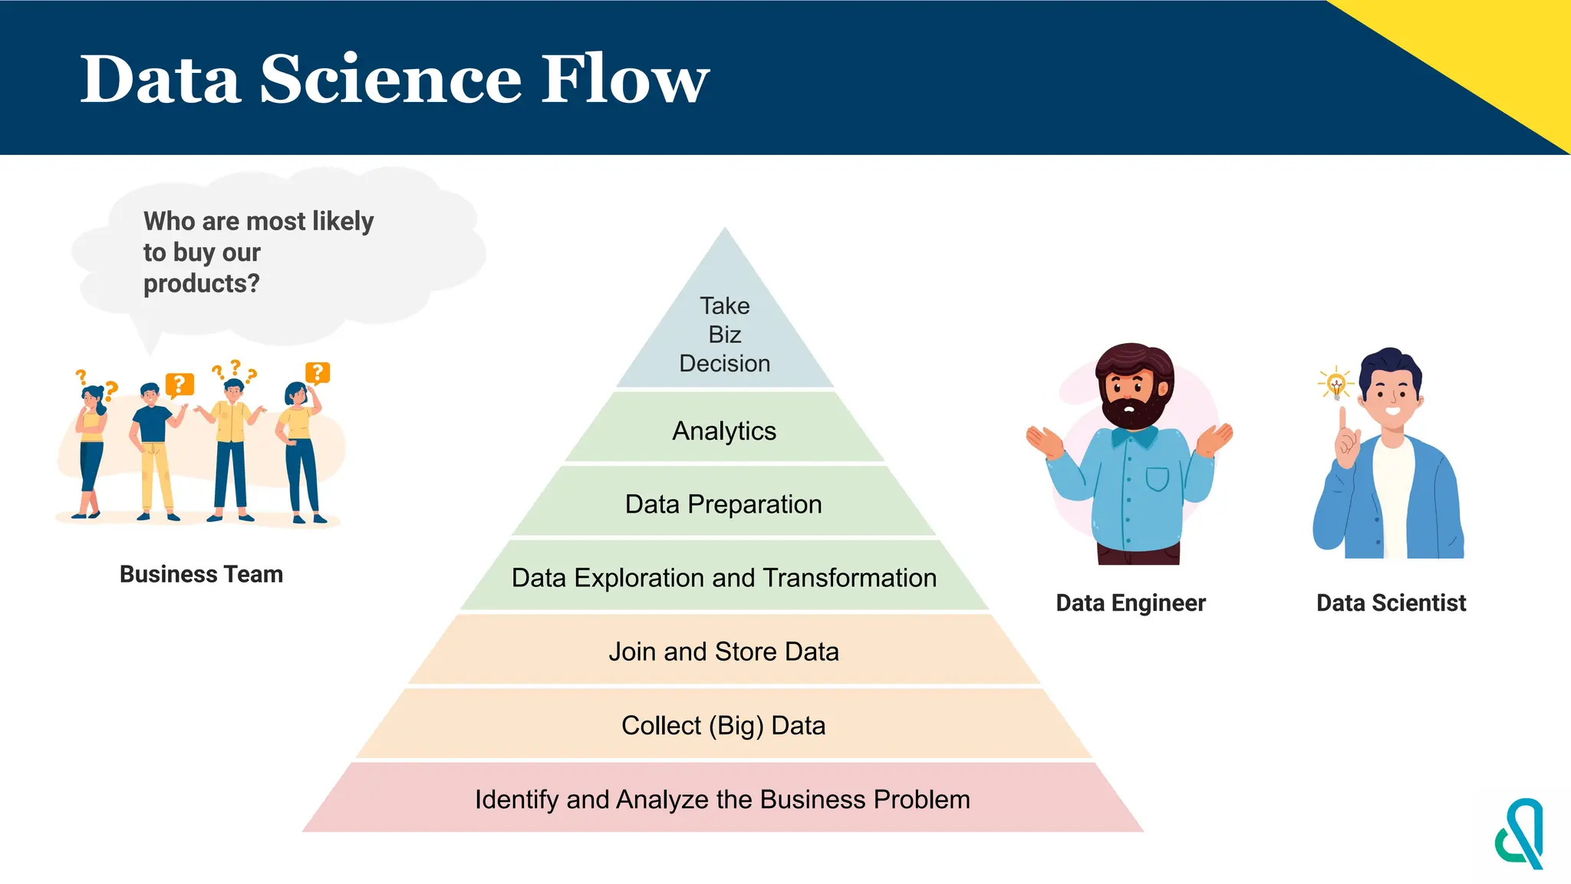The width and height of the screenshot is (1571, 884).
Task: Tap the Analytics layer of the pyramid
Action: click(x=724, y=430)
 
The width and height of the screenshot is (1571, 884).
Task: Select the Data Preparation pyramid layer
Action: click(x=723, y=504)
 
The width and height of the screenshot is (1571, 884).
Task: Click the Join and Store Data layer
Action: click(x=723, y=651)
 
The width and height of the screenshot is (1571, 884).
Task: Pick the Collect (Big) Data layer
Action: click(x=723, y=725)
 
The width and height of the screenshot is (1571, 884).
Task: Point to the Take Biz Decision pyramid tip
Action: click(x=725, y=335)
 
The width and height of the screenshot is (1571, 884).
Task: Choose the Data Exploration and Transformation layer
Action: click(x=723, y=578)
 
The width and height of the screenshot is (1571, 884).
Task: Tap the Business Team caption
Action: click(x=201, y=574)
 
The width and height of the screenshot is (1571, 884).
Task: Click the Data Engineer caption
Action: click(x=1131, y=603)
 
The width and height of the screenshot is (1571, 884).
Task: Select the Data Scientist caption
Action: click(x=1391, y=603)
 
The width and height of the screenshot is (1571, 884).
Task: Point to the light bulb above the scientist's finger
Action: click(x=1336, y=383)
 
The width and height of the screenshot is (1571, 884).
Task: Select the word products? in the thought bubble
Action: click(x=201, y=284)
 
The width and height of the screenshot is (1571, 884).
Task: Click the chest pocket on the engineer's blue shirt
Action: click(x=1157, y=478)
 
